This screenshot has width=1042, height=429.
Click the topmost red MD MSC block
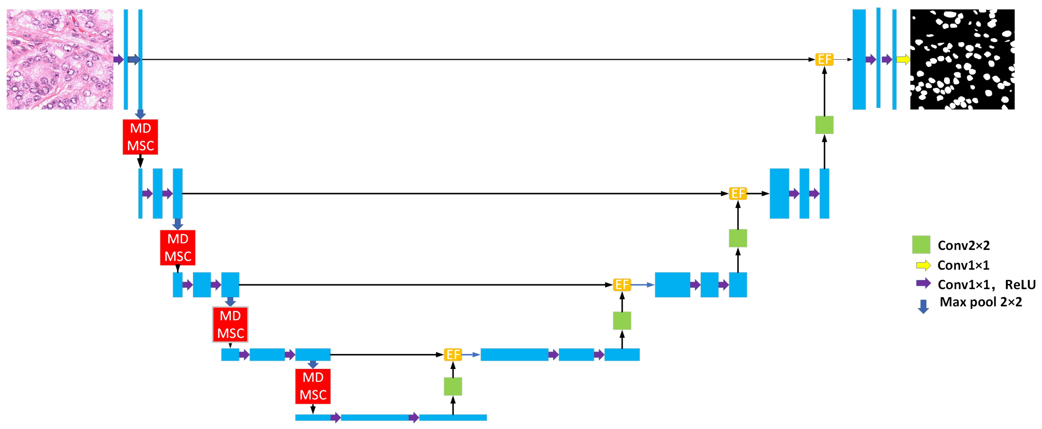coord(140,137)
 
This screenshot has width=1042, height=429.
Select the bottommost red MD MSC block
coord(313,386)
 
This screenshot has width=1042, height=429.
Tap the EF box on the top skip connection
coord(824,59)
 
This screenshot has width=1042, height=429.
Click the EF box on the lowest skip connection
coord(453,355)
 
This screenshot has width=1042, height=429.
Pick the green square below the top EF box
coord(824,125)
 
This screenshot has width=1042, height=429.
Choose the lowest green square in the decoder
coord(453,386)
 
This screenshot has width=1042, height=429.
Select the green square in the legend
coord(921,244)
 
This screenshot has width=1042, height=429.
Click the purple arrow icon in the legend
coord(923,283)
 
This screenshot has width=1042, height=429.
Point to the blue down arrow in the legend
coord(923,306)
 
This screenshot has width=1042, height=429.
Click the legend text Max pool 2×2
coord(981,302)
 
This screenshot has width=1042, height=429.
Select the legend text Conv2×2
coord(963,245)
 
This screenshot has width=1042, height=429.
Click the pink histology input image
coord(60,59)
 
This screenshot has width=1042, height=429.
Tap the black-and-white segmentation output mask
coord(962,59)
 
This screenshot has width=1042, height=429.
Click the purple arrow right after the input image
coord(118,59)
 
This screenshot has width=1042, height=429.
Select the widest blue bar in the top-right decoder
coord(859,59)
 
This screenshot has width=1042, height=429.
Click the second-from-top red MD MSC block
coord(178,248)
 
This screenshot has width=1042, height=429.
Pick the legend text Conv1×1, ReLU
coord(986,284)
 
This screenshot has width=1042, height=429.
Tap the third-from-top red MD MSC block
coord(230,324)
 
